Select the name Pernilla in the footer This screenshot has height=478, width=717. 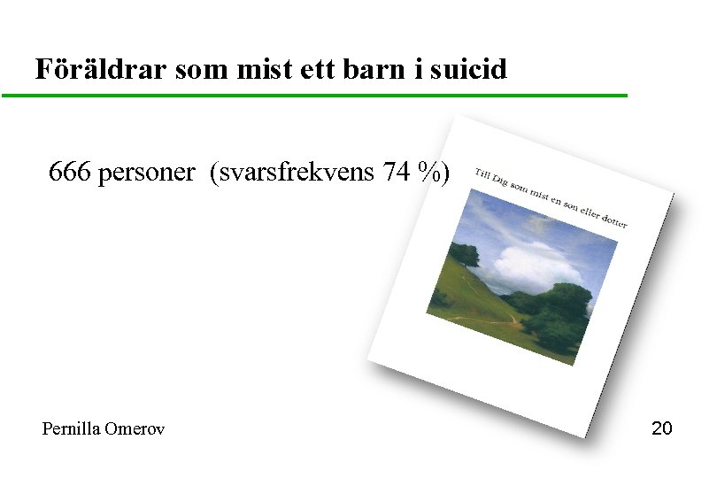[x=71, y=428]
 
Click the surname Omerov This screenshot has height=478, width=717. [x=134, y=428]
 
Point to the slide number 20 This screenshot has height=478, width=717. [x=661, y=428]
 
